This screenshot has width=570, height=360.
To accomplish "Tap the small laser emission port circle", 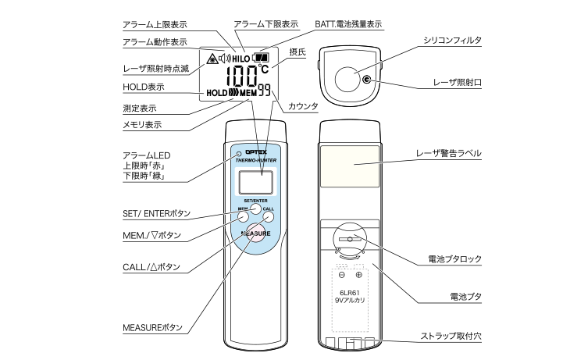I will [366, 79].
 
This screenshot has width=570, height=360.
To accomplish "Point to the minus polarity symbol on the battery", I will [341, 274].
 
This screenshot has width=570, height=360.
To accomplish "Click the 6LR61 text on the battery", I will [350, 292].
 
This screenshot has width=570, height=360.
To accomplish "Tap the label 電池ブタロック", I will [454, 258].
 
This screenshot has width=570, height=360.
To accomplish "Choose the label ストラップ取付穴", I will [451, 336].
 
